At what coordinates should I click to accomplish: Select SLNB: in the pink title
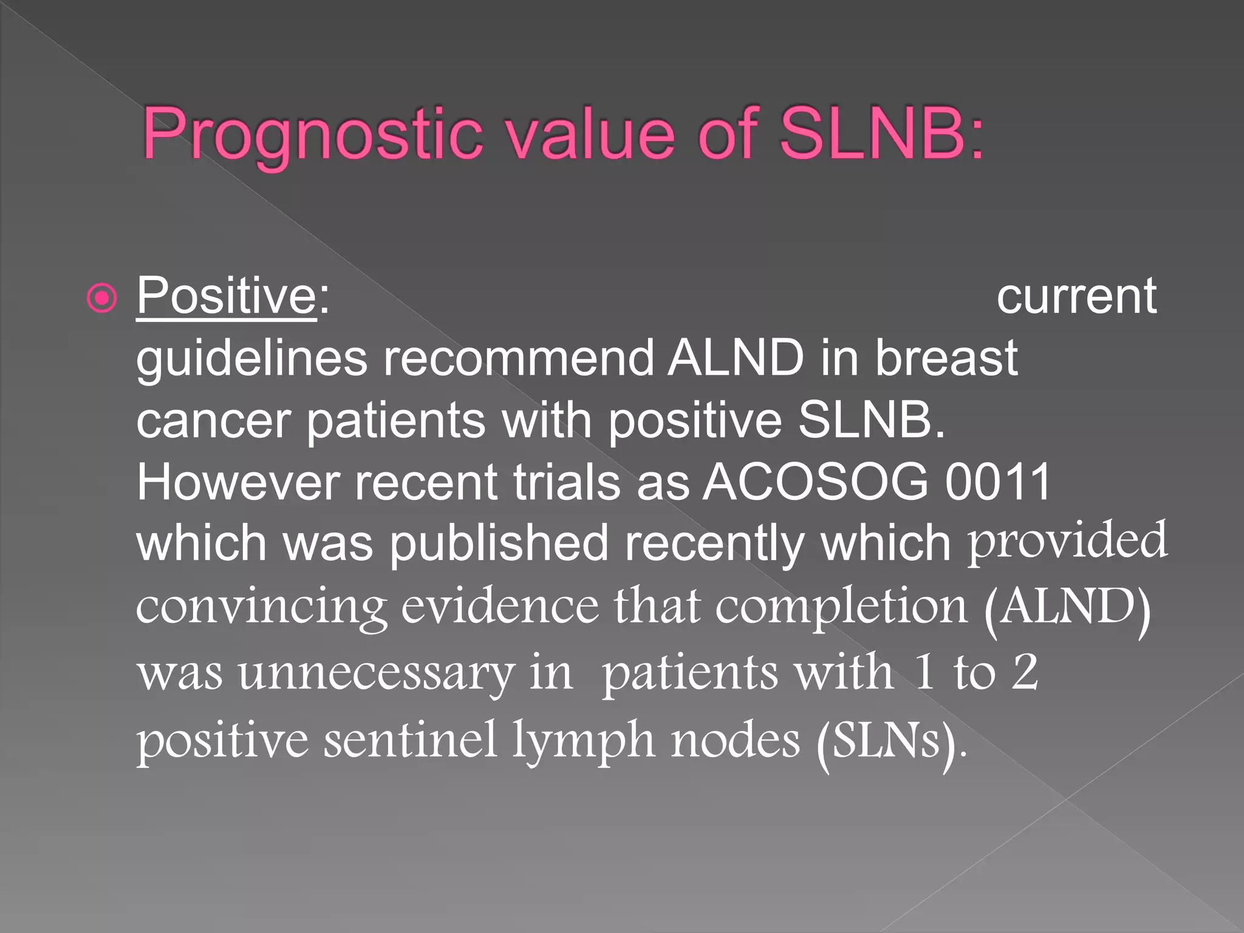[881, 134]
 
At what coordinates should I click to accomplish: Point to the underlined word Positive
[226, 296]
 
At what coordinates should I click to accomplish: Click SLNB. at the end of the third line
[871, 420]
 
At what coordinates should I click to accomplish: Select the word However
[238, 482]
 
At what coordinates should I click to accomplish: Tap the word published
[498, 544]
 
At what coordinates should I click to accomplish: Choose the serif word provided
[1067, 541]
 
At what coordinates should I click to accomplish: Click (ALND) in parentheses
[1067, 607]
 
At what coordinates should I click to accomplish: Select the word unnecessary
[375, 674]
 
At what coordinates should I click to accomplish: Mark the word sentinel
[410, 741]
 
